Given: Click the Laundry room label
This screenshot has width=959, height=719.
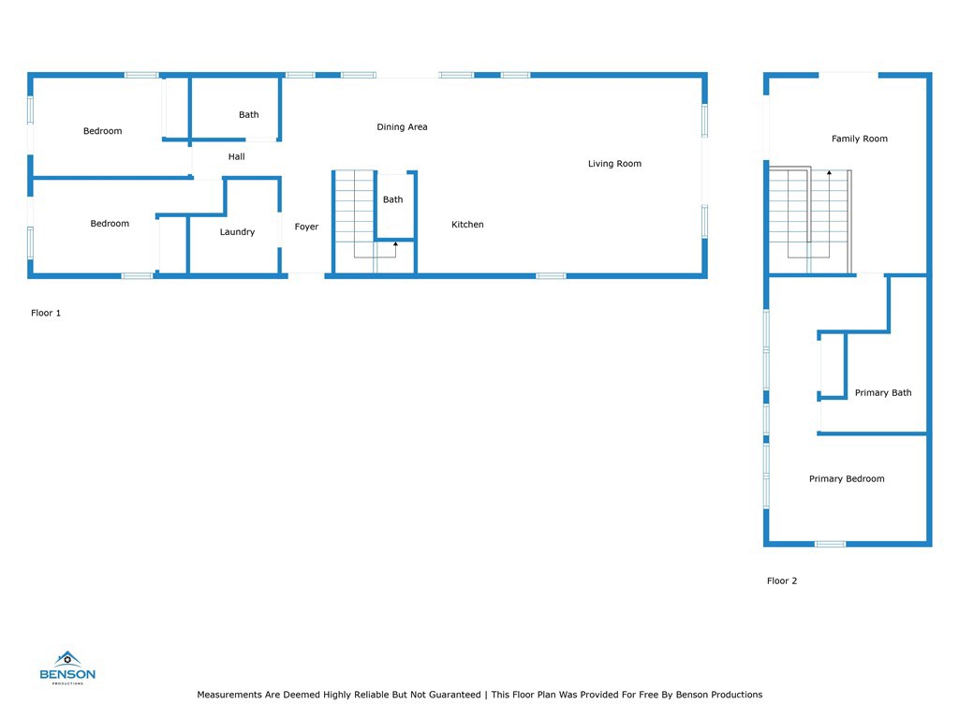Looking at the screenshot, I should (x=237, y=232).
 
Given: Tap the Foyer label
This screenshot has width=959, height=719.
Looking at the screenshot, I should (x=306, y=227).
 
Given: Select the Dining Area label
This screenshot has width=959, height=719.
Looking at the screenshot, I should (x=402, y=127).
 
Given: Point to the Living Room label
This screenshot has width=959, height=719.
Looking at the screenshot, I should (x=614, y=164).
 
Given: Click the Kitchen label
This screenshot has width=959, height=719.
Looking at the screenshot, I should (x=467, y=225).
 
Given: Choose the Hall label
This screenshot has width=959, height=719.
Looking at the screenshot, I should (x=236, y=157).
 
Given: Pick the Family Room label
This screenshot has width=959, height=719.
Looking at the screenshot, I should (x=859, y=139).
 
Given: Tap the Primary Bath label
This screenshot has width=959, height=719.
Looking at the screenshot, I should (x=882, y=393).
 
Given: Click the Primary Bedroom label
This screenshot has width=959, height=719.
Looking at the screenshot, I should (x=847, y=479).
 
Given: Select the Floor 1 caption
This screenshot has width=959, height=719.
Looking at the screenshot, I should (x=46, y=314).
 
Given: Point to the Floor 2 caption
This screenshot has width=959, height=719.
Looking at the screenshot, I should (x=782, y=581).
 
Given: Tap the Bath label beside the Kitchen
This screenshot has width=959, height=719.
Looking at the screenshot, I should (x=392, y=199).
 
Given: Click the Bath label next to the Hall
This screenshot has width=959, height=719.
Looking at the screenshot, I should (x=248, y=115).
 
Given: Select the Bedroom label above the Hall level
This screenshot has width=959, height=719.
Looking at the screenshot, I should (x=102, y=131).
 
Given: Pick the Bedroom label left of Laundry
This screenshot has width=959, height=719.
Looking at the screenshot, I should (x=110, y=224).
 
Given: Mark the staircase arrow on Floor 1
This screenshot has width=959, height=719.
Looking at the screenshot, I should (x=395, y=244).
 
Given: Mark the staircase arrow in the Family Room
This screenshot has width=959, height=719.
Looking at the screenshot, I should (x=829, y=173).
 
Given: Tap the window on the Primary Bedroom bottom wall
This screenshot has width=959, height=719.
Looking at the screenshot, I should (x=830, y=544).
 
